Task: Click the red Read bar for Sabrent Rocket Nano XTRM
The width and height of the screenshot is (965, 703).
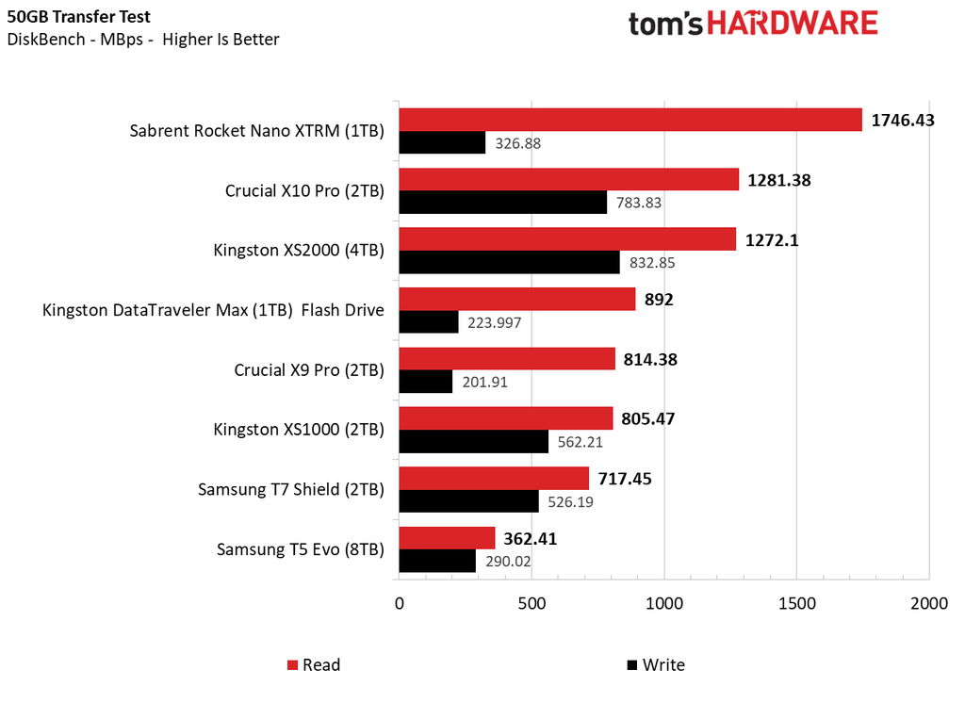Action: tap(630, 120)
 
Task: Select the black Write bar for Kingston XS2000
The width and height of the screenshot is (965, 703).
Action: tap(509, 263)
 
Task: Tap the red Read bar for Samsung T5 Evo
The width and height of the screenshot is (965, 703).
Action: tap(447, 538)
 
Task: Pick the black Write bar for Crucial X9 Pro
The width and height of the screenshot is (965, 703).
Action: tap(425, 383)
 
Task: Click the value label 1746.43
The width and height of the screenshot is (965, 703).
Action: tap(903, 120)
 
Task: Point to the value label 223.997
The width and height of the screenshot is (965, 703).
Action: tap(495, 323)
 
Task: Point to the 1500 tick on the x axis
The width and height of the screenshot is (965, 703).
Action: tap(796, 604)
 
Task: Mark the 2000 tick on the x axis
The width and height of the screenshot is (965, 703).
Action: tap(928, 604)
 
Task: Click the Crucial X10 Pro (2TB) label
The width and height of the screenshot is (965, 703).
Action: tap(304, 190)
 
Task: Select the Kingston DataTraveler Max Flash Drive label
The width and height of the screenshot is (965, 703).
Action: tap(213, 310)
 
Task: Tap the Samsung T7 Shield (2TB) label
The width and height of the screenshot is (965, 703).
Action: tap(290, 489)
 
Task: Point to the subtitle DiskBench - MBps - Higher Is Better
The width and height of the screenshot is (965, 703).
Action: tap(142, 40)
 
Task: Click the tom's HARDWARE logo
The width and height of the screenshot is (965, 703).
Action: tap(754, 24)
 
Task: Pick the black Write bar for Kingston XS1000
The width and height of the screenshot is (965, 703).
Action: tap(473, 442)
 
